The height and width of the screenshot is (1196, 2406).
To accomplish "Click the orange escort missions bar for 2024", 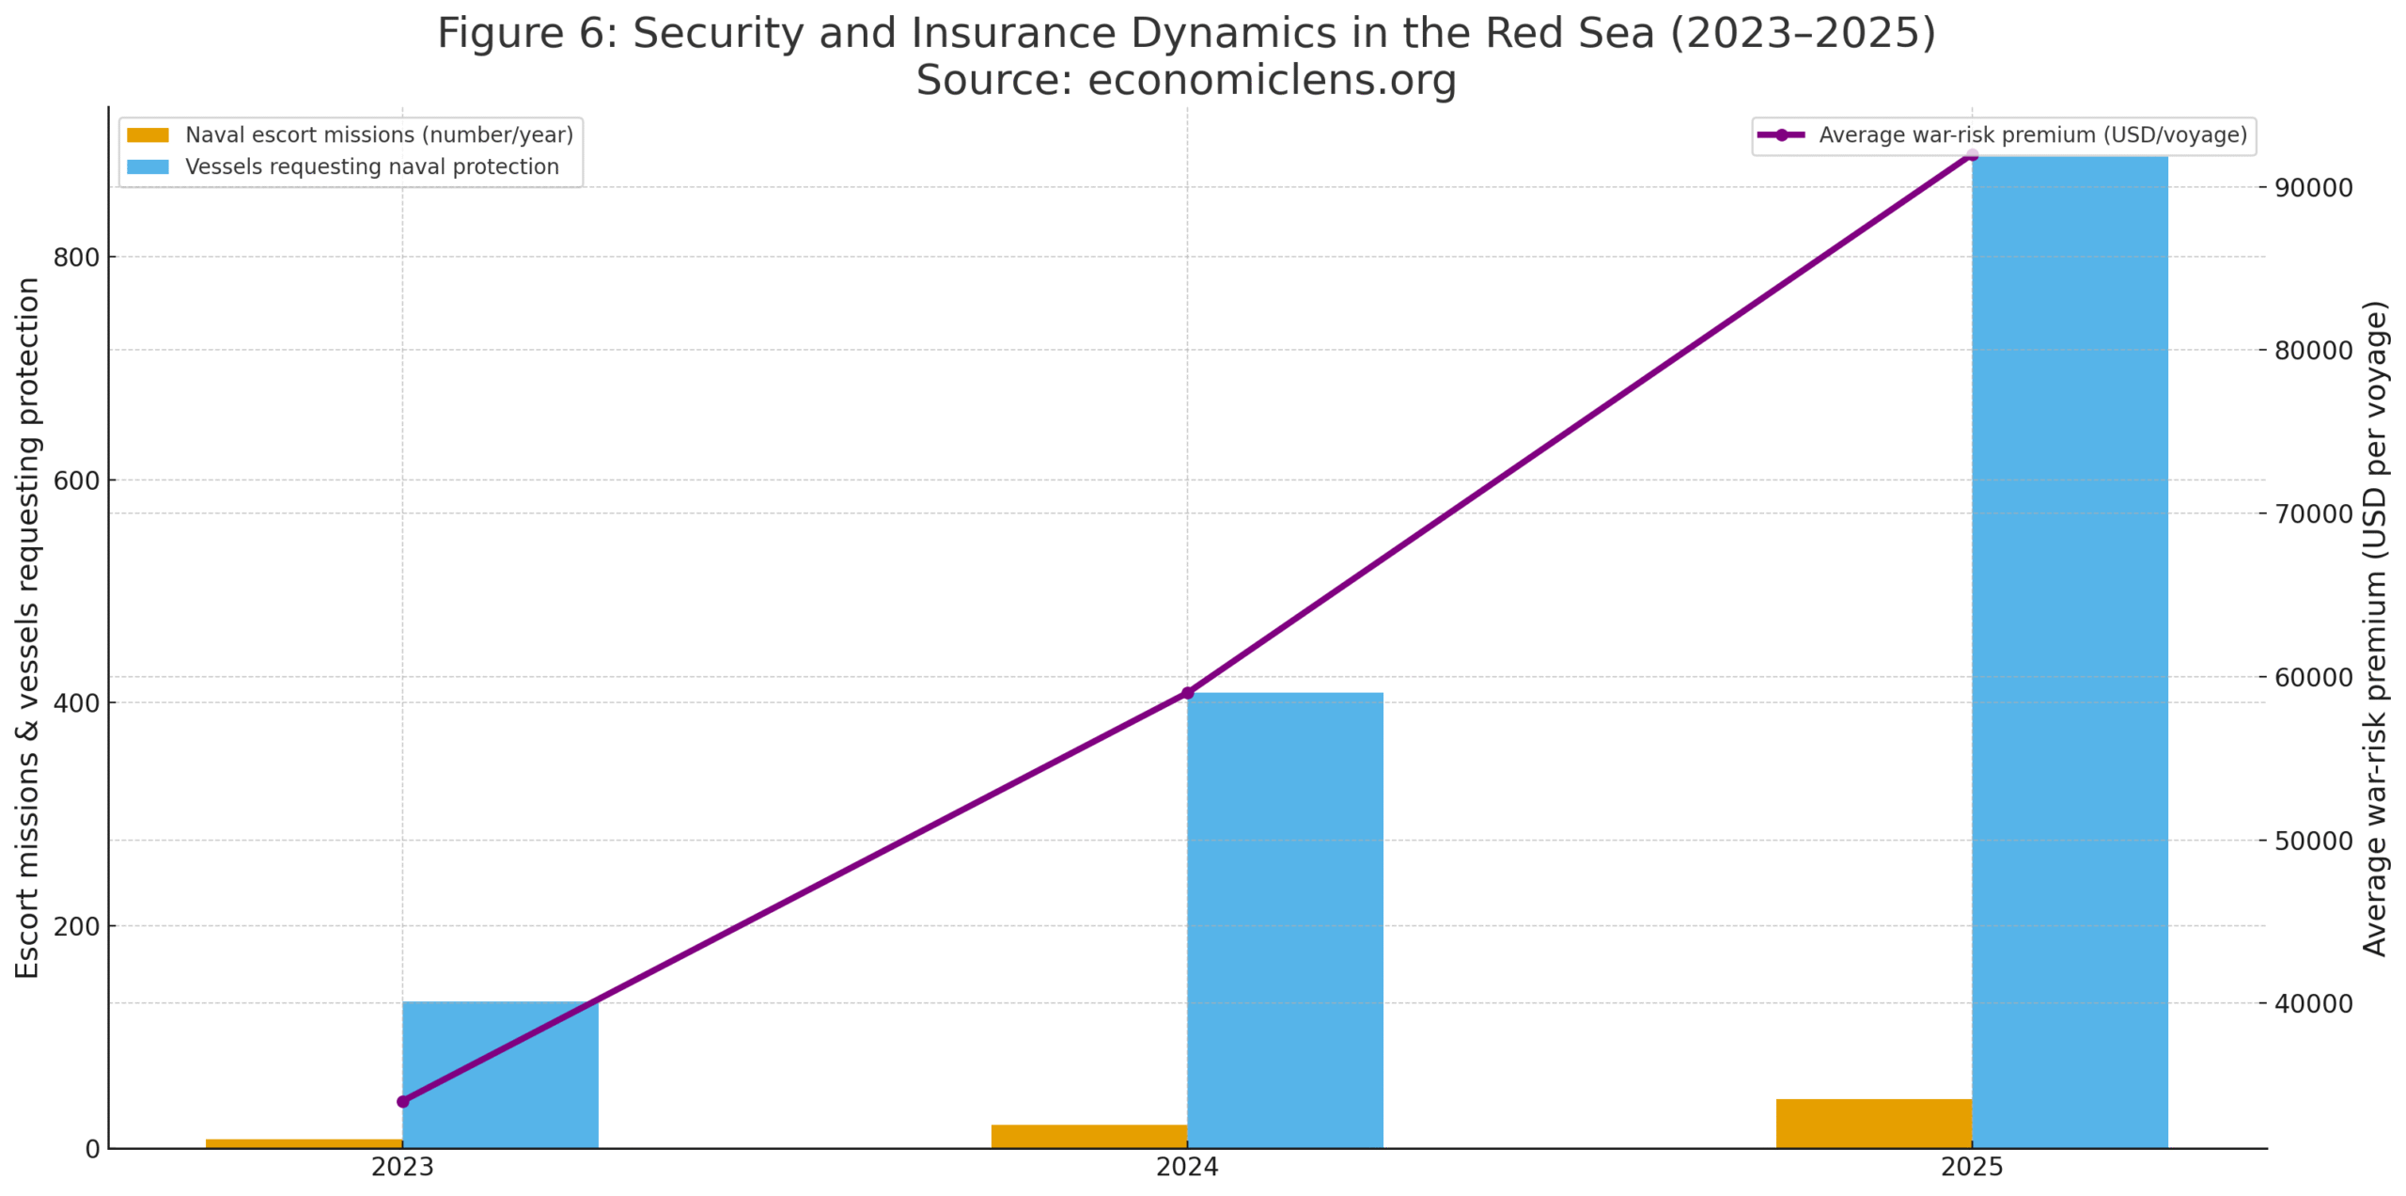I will click(1088, 1136).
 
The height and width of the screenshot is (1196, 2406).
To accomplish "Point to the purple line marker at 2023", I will click(403, 1101).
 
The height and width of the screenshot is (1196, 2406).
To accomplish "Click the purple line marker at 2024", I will click(1187, 693).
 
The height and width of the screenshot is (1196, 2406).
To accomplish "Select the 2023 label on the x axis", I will click(402, 1168).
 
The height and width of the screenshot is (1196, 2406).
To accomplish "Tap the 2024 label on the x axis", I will click(1187, 1168).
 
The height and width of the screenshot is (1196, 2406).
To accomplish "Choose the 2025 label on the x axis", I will click(1971, 1168).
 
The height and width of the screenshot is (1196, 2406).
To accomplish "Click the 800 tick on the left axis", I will click(76, 258).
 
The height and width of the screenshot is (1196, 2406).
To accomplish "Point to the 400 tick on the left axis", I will click(76, 703).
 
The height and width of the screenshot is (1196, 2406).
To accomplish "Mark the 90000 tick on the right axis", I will click(2313, 188).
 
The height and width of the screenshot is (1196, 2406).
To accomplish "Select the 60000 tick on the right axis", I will click(2313, 678).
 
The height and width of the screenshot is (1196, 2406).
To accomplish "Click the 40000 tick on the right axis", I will click(2313, 1004).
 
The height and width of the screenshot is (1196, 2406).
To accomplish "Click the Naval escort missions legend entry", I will click(378, 135).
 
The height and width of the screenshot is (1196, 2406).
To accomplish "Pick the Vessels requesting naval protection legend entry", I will click(371, 167).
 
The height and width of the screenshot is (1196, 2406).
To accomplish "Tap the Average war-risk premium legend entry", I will click(2032, 135).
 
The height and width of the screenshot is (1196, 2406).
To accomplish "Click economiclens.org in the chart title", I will click(1272, 80).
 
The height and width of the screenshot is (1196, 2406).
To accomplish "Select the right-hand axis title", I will click(2375, 628).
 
